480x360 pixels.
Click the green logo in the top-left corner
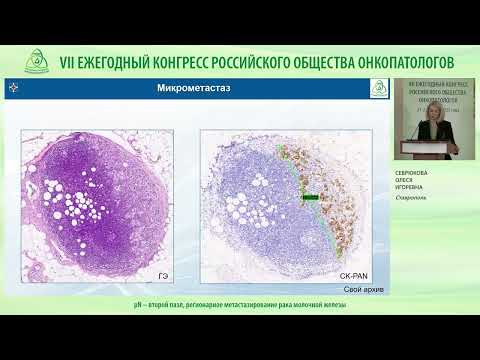tap(39, 61)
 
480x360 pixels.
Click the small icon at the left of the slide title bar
tap(13, 89)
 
